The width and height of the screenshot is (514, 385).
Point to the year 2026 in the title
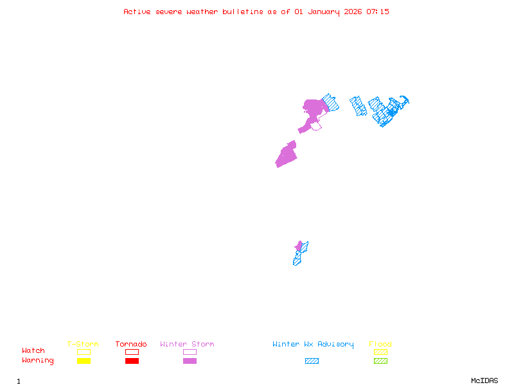tap(353, 12)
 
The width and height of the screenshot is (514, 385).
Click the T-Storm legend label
tap(83, 344)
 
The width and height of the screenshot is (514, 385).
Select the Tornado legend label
tap(131, 344)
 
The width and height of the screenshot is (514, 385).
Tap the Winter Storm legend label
tap(187, 344)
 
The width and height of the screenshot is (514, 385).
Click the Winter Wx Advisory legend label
tap(313, 344)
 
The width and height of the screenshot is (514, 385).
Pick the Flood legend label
tap(380, 344)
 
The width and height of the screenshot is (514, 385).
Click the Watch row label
tap(33, 351)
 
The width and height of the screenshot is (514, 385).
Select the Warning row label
tap(38, 361)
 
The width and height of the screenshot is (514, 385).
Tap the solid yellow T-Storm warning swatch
tap(84, 361)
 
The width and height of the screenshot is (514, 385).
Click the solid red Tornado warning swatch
tap(132, 361)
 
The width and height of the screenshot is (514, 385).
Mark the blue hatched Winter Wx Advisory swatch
tap(312, 361)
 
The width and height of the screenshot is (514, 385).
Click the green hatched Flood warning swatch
tap(380, 361)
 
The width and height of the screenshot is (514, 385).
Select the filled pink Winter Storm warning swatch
tap(190, 361)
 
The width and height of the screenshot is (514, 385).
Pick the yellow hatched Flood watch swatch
tap(380, 352)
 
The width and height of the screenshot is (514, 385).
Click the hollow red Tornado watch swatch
tap(132, 352)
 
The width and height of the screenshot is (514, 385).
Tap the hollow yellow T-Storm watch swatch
tap(84, 352)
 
